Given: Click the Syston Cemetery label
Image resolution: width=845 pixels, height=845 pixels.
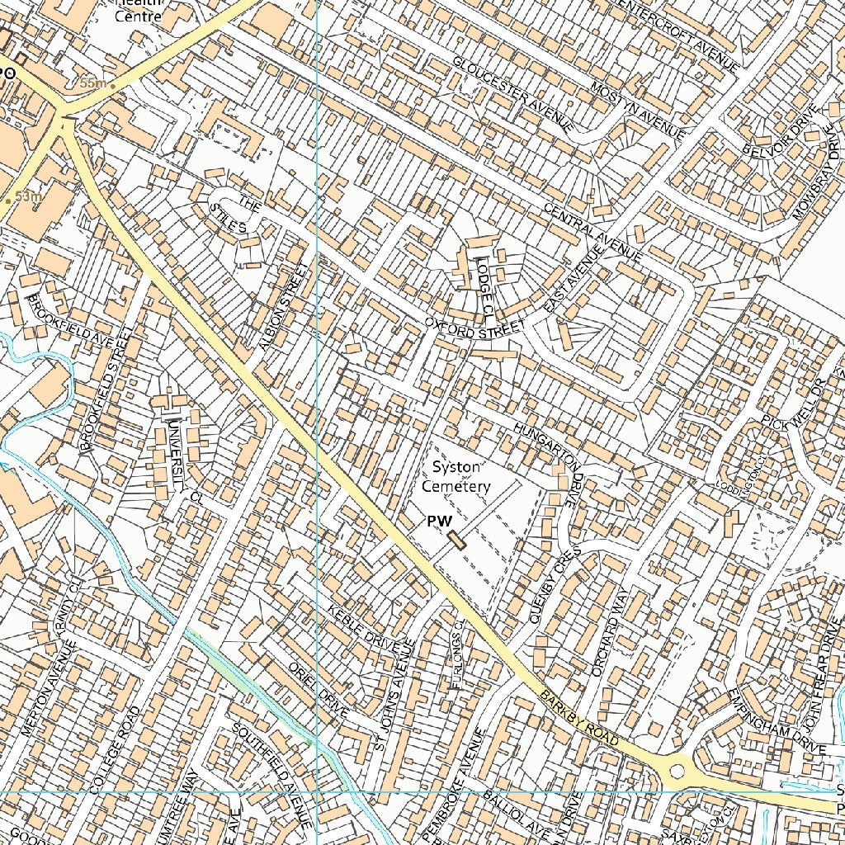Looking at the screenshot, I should [456, 477].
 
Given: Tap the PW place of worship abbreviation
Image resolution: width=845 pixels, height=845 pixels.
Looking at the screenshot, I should [439, 522].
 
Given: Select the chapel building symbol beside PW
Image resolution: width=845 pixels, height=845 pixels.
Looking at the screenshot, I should [456, 541].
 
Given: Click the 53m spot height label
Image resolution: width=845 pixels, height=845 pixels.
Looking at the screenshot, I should [27, 197].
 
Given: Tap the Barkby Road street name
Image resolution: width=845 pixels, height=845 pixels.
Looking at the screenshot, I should [579, 720].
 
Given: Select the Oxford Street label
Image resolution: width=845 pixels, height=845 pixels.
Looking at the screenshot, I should [474, 328].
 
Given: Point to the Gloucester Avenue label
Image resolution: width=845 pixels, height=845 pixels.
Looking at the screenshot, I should [512, 94].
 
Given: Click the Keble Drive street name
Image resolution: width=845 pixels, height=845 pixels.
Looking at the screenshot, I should [363, 635].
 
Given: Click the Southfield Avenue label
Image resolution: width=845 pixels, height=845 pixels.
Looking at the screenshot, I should [272, 775].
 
